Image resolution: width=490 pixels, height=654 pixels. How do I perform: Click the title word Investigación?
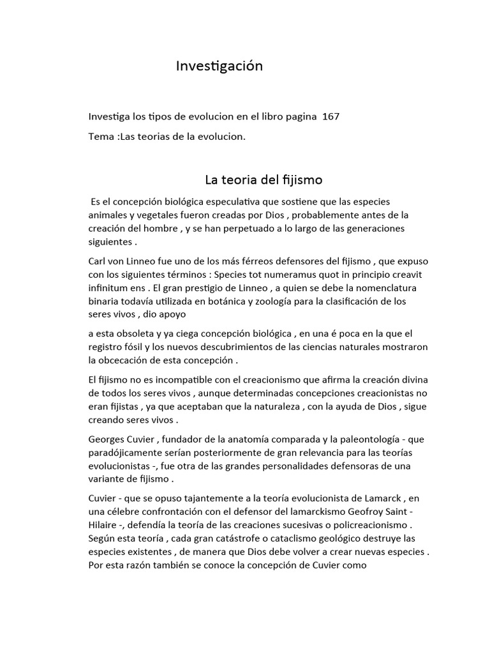click(x=219, y=66)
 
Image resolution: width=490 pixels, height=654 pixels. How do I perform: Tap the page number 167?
click(x=331, y=117)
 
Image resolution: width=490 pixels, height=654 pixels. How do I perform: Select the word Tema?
click(x=101, y=137)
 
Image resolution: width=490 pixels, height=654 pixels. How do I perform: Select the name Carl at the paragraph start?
click(x=99, y=261)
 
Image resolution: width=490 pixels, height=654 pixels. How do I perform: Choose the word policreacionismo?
click(x=364, y=525)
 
